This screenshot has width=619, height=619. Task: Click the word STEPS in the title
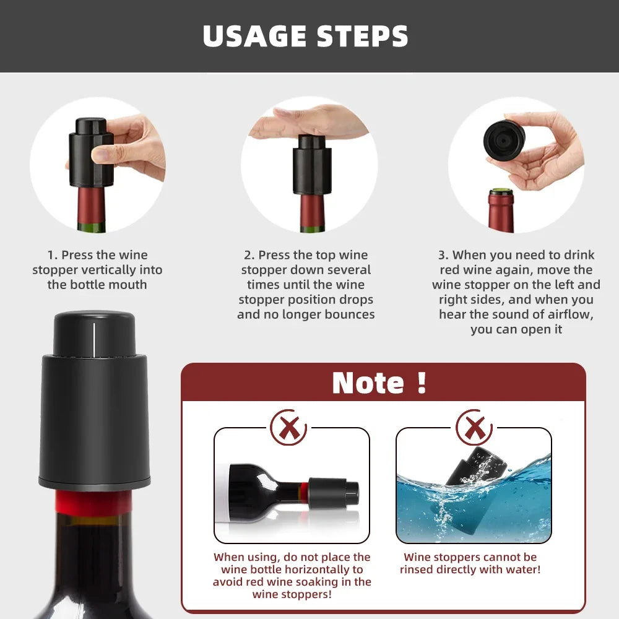pyautogui.click(x=363, y=37)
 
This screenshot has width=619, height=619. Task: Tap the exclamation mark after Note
pyautogui.click(x=422, y=382)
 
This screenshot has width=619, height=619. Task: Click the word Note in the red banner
pyautogui.click(x=368, y=383)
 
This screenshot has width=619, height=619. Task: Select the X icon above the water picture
pyautogui.click(x=474, y=426)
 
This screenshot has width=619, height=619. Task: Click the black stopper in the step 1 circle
pyautogui.click(x=89, y=152)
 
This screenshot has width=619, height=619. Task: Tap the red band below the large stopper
pyautogui.click(x=93, y=502)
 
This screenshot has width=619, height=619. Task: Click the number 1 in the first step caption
pyautogui.click(x=51, y=255)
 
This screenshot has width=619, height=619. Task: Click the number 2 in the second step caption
pyautogui.click(x=248, y=255)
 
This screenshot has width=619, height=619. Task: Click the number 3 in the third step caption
pyautogui.click(x=442, y=255)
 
